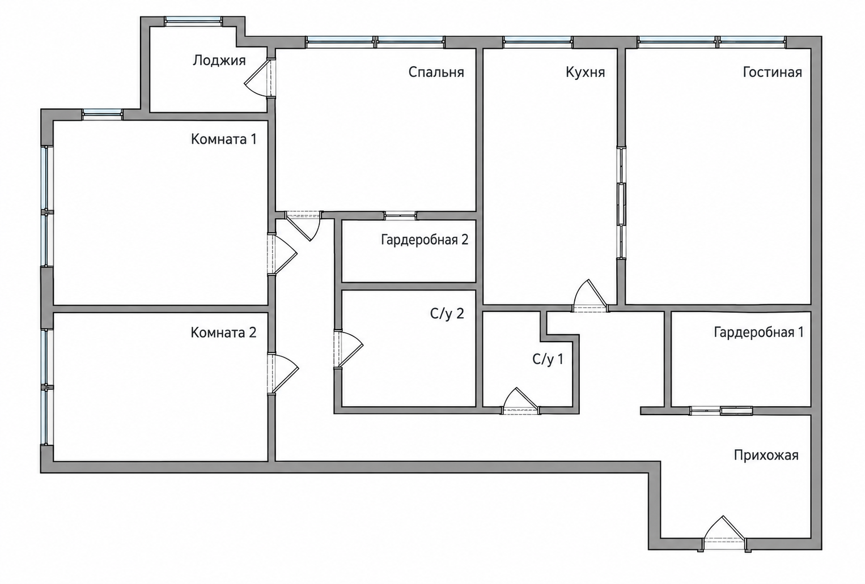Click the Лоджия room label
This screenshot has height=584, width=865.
tap(219, 61)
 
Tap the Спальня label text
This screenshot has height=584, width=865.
tap(436, 72)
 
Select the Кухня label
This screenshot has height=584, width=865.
tap(585, 72)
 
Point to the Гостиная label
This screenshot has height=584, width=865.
tap(772, 72)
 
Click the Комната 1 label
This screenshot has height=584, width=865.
tap(223, 139)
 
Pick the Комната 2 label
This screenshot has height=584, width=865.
tap(223, 333)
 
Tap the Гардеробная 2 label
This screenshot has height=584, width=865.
tap(425, 240)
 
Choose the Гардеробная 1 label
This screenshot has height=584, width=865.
tap(758, 333)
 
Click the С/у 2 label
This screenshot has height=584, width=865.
tap(447, 314)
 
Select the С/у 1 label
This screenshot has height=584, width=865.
tap(548, 359)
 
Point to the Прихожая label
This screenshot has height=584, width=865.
tap(766, 455)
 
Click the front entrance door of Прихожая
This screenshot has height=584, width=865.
tap(724, 533)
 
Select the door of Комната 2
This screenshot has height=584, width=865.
tap(283, 374)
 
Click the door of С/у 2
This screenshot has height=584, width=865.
tap(348, 349)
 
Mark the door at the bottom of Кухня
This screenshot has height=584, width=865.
tap(591, 296)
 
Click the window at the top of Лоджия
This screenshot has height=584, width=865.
tap(193, 21)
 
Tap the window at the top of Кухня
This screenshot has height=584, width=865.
tap(538, 42)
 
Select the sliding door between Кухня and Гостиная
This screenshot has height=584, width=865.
tap(621, 203)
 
